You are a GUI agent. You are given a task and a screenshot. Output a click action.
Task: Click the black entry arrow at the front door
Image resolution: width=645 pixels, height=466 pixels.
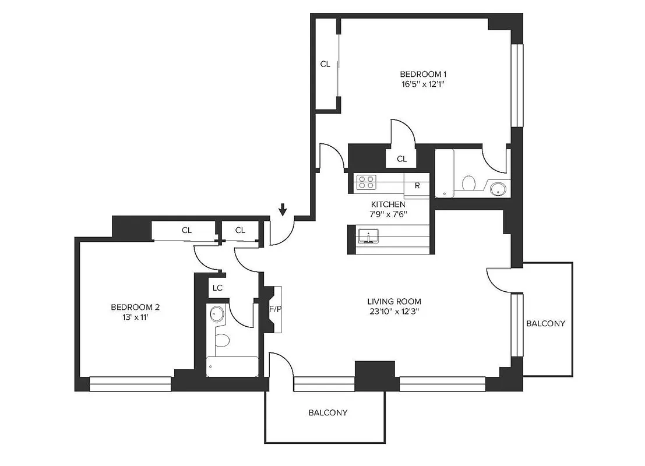click(x=283, y=209)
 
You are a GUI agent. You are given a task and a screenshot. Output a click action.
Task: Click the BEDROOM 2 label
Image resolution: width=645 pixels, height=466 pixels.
click(x=135, y=307)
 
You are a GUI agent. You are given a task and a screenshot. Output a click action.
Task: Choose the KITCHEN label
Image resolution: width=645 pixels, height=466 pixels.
click(x=388, y=204)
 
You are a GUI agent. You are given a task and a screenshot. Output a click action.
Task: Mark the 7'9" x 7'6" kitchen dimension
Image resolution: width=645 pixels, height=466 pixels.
click(x=388, y=214)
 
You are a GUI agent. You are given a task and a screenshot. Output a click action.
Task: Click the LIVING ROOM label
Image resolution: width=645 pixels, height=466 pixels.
click(x=394, y=301)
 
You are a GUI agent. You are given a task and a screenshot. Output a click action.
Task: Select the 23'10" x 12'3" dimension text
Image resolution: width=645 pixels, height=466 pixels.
click(x=394, y=311)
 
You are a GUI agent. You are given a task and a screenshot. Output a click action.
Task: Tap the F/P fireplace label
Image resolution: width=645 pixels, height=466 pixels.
click(x=274, y=309)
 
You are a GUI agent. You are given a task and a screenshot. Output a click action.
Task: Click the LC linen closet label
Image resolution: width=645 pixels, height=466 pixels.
click(x=217, y=288)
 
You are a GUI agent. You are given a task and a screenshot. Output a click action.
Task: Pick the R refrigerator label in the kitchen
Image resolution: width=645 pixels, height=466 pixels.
click(x=417, y=186)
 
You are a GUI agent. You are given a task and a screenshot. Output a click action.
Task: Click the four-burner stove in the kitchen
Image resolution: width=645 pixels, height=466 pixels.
click(x=367, y=182)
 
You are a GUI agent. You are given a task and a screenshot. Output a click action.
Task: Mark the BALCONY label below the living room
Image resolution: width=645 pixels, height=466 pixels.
click(x=328, y=412)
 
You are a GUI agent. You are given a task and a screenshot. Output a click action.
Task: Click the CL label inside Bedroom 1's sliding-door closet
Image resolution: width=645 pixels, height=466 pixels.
click(x=325, y=64)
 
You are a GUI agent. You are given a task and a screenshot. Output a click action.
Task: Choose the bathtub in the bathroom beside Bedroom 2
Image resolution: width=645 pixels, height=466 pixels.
click(x=232, y=366)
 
